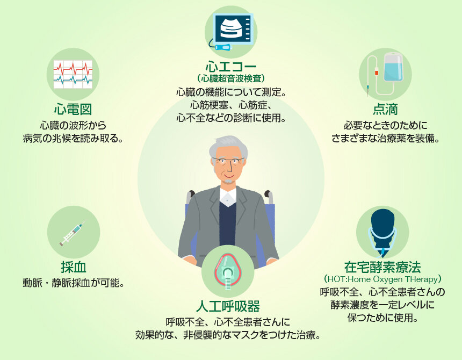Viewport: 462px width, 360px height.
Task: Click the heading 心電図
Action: pyautogui.click(x=73, y=109)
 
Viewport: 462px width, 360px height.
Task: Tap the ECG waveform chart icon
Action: pyautogui.click(x=73, y=74)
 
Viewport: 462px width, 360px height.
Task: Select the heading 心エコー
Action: pyautogui.click(x=231, y=67)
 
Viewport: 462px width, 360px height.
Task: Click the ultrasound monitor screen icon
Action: pyautogui.click(x=234, y=28)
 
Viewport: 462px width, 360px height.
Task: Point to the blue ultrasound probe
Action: pyautogui.click(x=223, y=47)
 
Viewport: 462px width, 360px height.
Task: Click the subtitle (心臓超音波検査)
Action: pyautogui.click(x=231, y=78)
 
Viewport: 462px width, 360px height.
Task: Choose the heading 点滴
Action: pyautogui.click(x=385, y=109)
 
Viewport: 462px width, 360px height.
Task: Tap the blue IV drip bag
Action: pyautogui.click(x=393, y=67)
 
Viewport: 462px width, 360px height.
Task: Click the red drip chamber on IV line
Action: pyautogui.click(x=376, y=71)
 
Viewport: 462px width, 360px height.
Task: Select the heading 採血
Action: pyautogui.click(x=74, y=267)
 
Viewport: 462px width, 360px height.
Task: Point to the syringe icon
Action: pyautogui.click(x=73, y=233)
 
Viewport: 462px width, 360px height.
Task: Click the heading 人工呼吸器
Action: pyautogui.click(x=228, y=306)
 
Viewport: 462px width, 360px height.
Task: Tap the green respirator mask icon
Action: pyautogui.click(x=227, y=271)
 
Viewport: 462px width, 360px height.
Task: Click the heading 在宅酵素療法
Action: pyautogui.click(x=382, y=267)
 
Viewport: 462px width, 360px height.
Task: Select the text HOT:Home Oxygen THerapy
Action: pyautogui.click(x=382, y=279)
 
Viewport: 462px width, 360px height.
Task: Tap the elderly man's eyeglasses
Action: pyautogui.click(x=228, y=161)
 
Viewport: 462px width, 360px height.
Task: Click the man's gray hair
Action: pyautogui.click(x=228, y=146)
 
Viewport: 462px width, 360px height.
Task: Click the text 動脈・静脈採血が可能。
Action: pyautogui.click(x=74, y=283)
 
